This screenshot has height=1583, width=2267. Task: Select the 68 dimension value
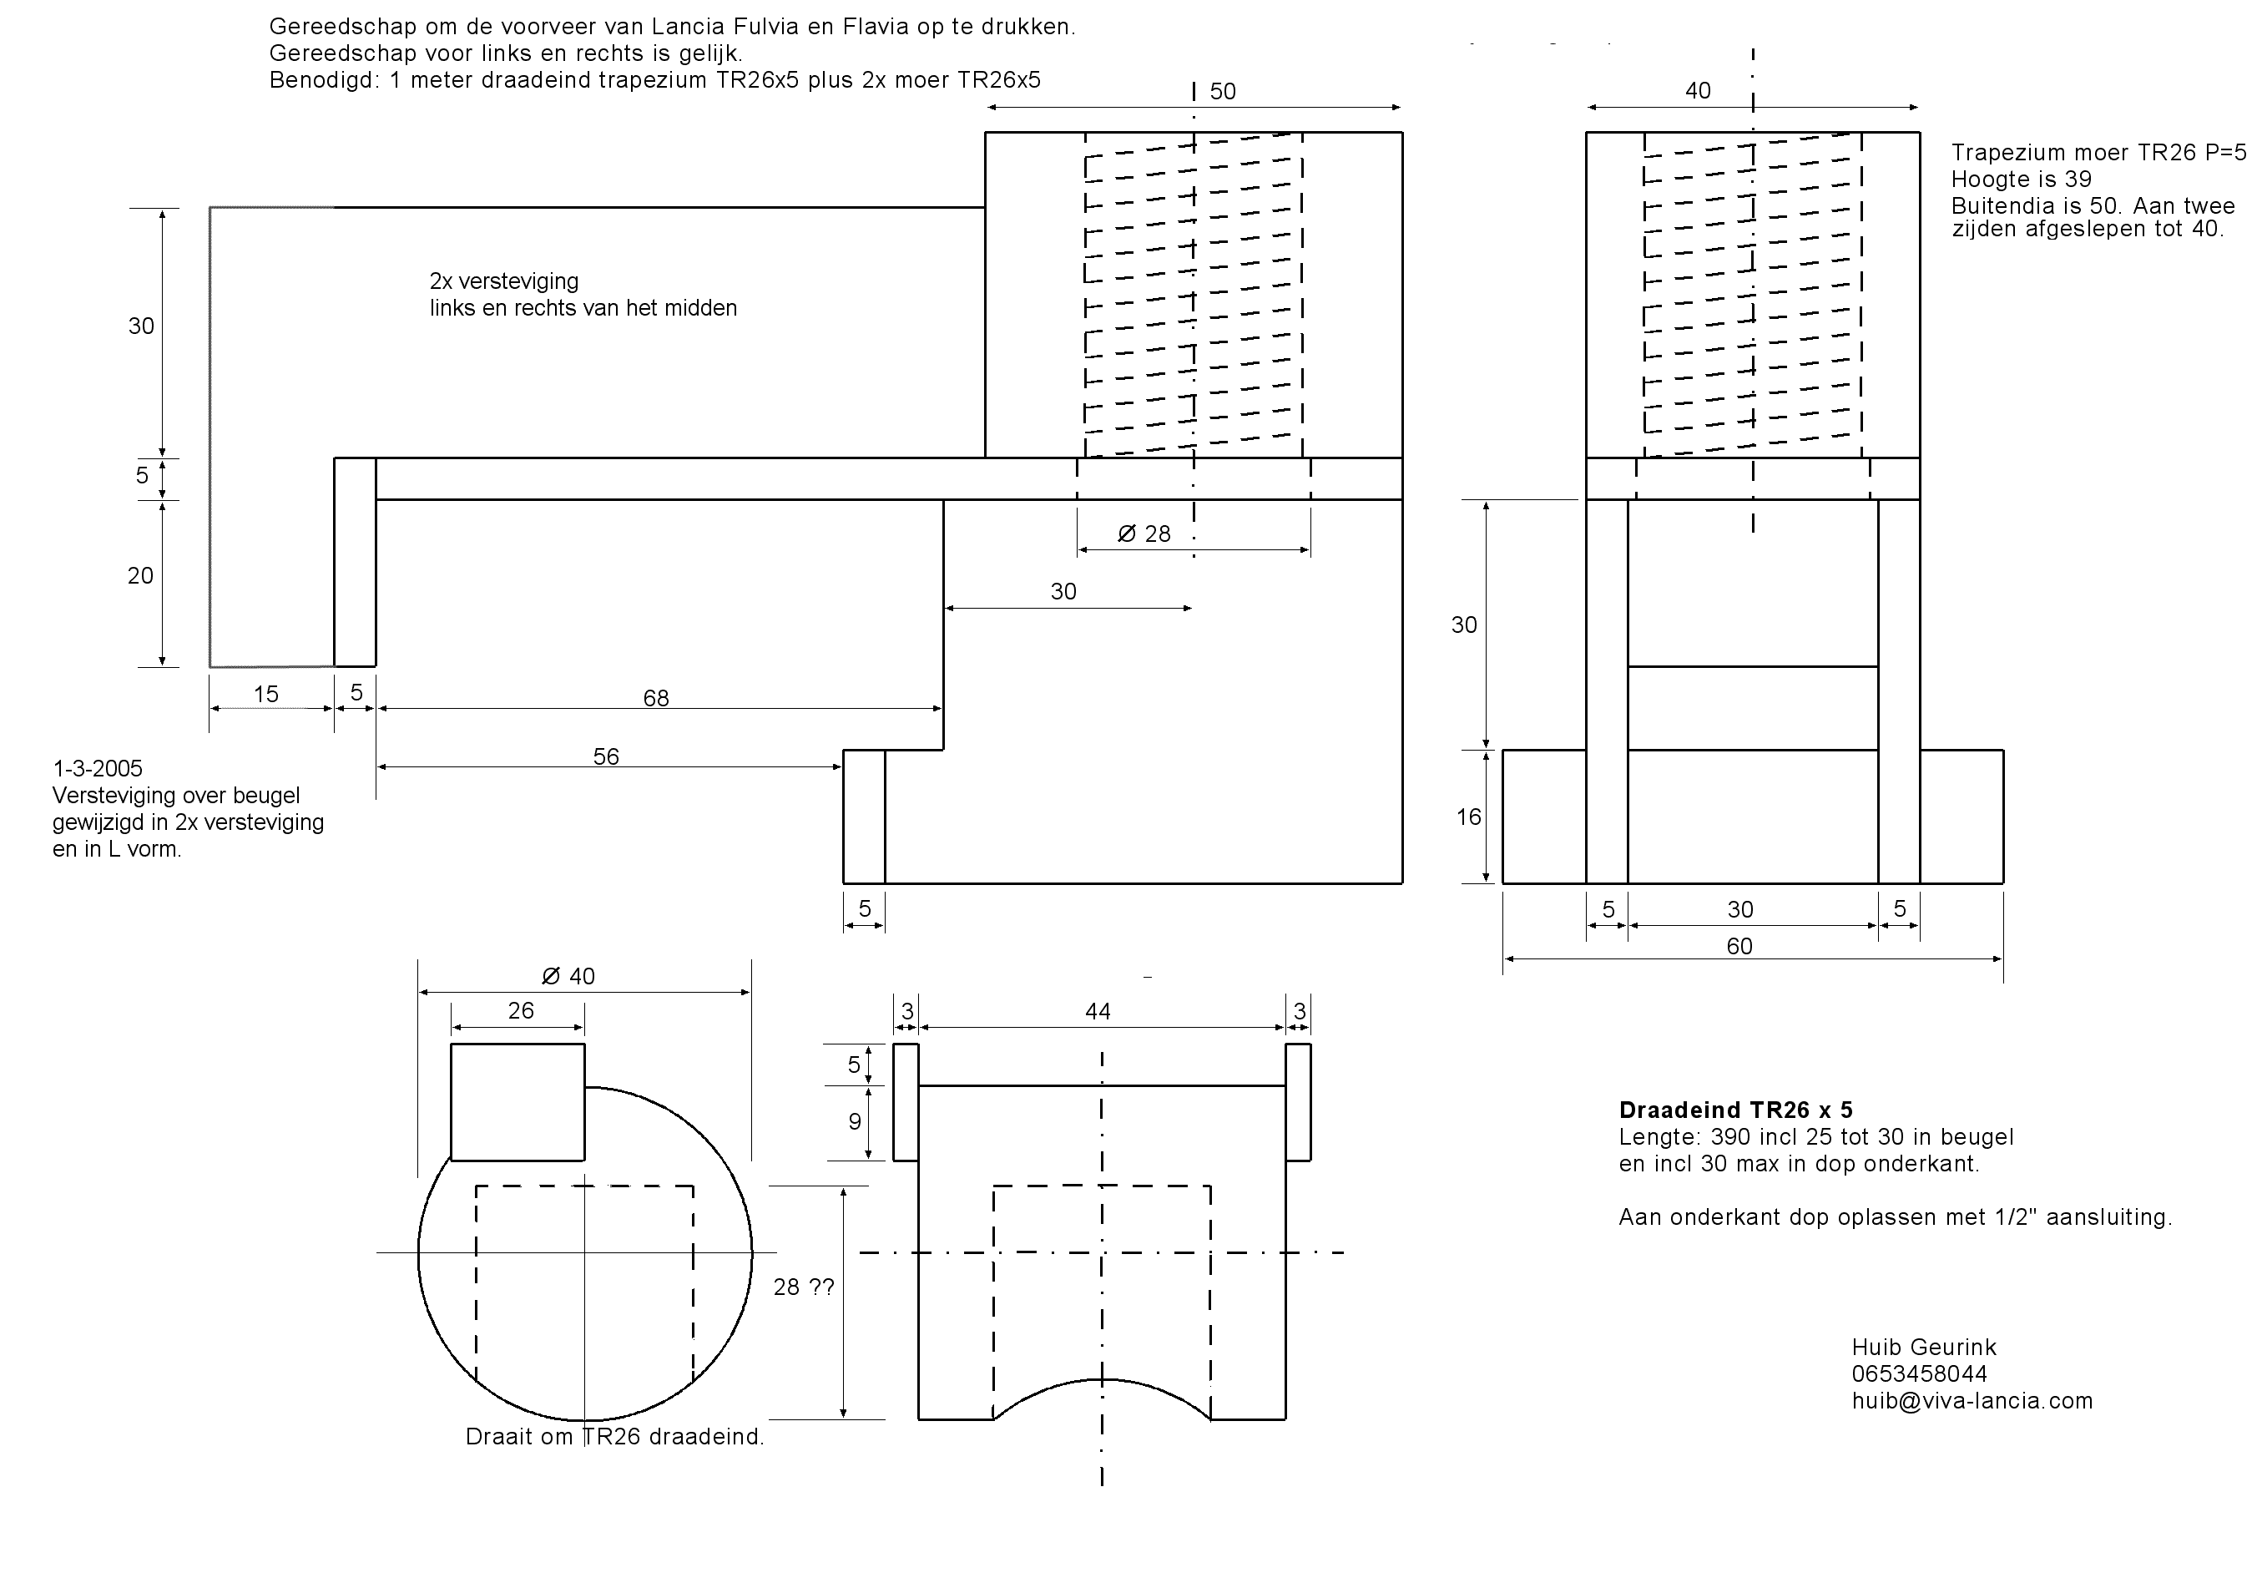click(x=655, y=698)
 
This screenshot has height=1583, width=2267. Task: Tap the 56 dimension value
click(x=605, y=756)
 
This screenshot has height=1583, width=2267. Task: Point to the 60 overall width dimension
click(x=1739, y=946)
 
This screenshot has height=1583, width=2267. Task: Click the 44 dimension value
click(x=1097, y=1011)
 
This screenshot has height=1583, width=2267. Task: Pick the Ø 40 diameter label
click(x=568, y=977)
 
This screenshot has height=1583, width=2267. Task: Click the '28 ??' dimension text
click(x=804, y=1287)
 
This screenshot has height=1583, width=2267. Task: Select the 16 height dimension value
click(x=1468, y=817)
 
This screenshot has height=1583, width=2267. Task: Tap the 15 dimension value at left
click(x=265, y=694)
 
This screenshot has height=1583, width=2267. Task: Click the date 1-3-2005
click(x=97, y=768)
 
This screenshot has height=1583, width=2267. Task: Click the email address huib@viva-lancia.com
click(x=1972, y=1400)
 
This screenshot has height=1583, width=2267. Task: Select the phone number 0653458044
click(x=1918, y=1373)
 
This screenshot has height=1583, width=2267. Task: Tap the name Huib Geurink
click(x=1922, y=1347)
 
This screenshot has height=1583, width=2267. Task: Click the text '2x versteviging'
click(x=503, y=281)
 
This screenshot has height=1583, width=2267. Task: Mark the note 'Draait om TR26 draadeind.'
click(x=614, y=1437)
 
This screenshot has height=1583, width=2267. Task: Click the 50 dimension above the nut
click(x=1222, y=92)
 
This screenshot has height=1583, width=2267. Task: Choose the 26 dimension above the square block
click(x=520, y=1010)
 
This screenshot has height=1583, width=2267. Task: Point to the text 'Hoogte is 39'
click(x=2020, y=180)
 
